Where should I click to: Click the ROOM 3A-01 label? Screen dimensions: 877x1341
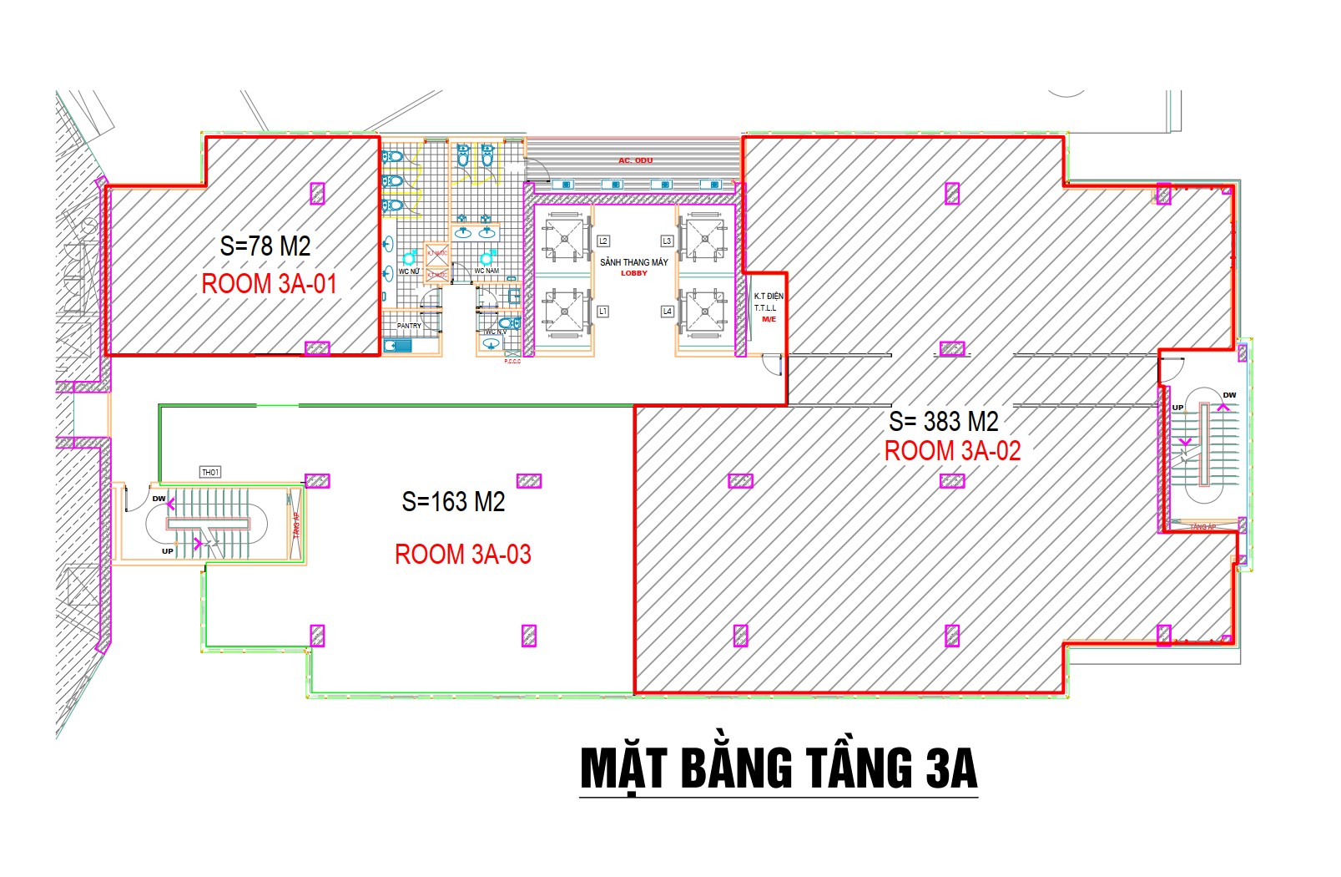coord(269,284)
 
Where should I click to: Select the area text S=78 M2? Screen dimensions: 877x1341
coord(265,246)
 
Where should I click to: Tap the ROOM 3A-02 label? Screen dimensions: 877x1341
coord(952,451)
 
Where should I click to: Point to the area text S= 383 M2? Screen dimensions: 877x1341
coord(943,421)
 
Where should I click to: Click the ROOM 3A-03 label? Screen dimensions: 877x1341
coord(462,555)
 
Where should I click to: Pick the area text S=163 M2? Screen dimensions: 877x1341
coord(453,502)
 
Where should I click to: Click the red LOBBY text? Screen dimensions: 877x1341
coord(634,273)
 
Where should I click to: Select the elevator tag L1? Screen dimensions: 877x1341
coord(602,312)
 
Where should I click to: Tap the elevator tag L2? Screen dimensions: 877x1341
coord(602,241)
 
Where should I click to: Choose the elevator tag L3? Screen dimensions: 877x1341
coord(666,241)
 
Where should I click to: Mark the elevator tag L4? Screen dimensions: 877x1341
coord(667,312)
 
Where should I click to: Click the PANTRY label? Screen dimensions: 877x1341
coord(409,326)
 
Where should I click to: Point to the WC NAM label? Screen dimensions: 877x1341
coord(486,271)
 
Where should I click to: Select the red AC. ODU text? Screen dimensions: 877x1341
coord(635,160)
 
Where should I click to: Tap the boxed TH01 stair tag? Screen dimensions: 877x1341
coord(210,473)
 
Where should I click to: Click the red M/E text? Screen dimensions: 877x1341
coord(769,319)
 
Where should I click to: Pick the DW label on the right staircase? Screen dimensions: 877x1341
coord(1229,395)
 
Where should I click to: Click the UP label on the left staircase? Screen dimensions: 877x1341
coord(168,551)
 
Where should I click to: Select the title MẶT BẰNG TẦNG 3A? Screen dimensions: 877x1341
coord(778,768)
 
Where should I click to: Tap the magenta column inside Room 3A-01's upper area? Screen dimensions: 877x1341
coord(317,194)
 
